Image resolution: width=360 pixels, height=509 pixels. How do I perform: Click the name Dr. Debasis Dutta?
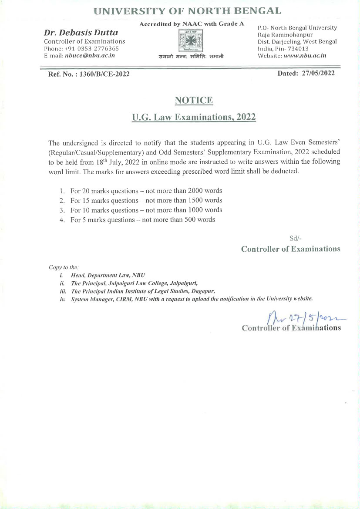coord(81,33)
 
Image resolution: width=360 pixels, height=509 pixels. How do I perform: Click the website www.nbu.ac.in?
coord(304,56)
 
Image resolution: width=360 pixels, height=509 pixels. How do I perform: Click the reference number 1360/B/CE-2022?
coord(105,74)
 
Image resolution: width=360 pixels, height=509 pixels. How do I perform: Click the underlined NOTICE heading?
coord(194,101)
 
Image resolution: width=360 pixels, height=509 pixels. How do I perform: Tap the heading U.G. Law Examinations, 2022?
coord(194,118)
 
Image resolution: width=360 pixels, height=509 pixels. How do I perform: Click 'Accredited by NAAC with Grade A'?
coord(192,24)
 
